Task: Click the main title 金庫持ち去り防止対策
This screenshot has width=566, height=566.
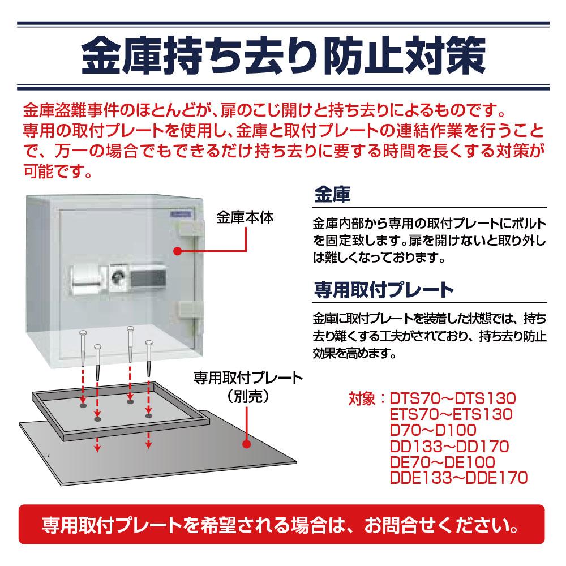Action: (x=283, y=54)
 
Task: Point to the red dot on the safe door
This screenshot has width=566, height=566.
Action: (x=177, y=250)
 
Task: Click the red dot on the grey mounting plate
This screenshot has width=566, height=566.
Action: (x=247, y=444)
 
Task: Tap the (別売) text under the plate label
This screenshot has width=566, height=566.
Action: (x=247, y=396)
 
